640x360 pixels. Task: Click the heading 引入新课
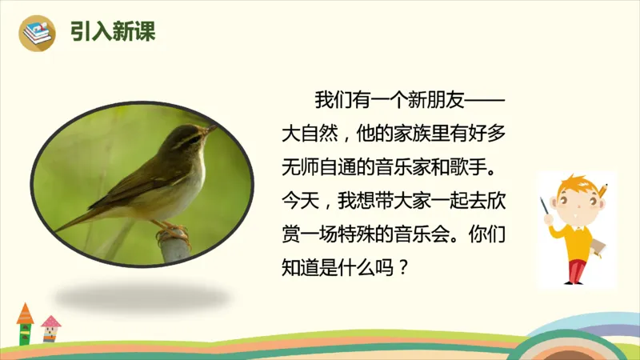pyautogui.click(x=112, y=32)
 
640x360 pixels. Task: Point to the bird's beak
pyautogui.click(x=210, y=127)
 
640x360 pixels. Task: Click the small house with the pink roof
pyautogui.click(x=50, y=327)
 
